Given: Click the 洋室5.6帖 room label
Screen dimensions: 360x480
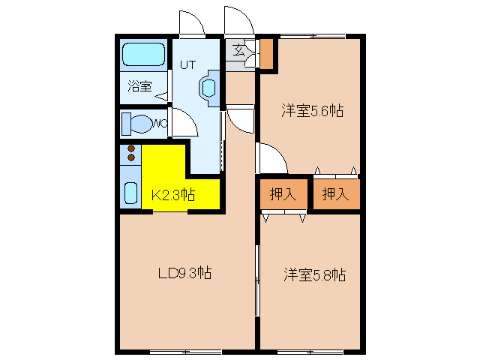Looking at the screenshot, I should click(x=313, y=111).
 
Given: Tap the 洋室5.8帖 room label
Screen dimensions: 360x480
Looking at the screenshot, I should click(x=314, y=274).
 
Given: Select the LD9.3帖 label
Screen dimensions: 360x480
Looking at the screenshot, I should click(x=184, y=273).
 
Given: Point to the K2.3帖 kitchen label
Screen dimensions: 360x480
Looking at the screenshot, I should click(x=173, y=195).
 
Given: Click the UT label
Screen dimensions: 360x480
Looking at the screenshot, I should click(x=187, y=65).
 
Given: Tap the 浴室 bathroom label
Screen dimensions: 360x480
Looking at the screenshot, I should click(x=139, y=86).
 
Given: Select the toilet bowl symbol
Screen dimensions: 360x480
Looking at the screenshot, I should click(x=139, y=123).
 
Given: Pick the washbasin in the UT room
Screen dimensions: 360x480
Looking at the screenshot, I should click(x=208, y=87).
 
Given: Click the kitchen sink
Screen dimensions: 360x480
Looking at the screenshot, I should click(x=130, y=193).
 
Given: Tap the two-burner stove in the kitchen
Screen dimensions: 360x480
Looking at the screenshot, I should click(x=131, y=153).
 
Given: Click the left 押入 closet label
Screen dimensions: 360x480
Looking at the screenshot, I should click(x=283, y=195).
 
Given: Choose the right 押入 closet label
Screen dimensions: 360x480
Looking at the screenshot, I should click(x=335, y=195).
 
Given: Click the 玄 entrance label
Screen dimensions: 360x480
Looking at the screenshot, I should click(x=238, y=52).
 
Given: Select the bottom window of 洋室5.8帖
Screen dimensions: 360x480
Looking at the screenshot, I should click(x=310, y=351).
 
